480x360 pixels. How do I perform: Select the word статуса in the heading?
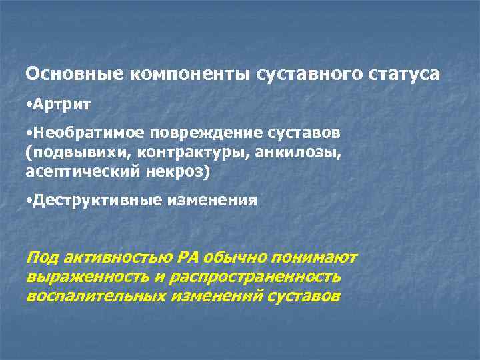[x=403, y=75]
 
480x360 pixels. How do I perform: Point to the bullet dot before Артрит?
[x=27, y=105]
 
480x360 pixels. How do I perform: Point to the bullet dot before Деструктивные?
[x=27, y=200]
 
